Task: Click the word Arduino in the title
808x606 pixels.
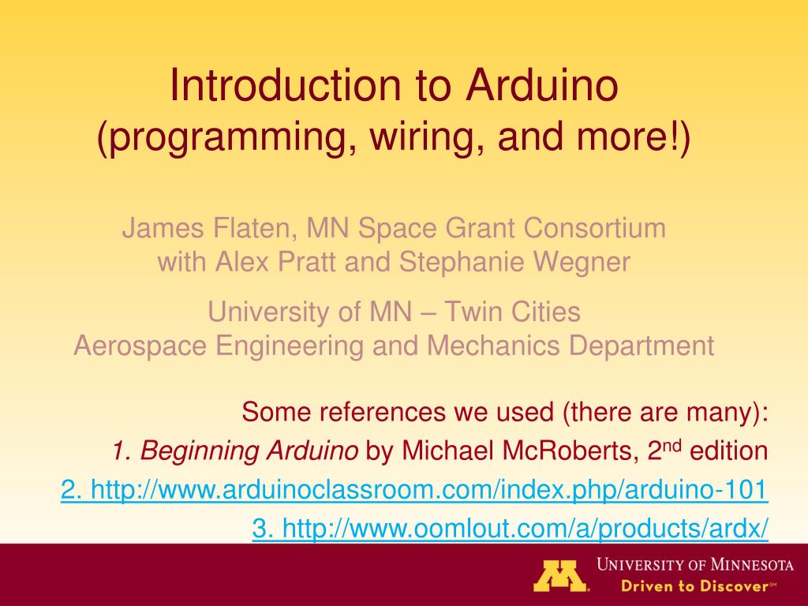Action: coord(541,84)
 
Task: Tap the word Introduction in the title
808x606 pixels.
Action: coord(285,84)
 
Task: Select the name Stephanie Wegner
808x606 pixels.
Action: coord(514,262)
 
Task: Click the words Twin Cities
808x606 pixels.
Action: coord(512,311)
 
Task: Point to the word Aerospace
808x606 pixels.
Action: coord(140,346)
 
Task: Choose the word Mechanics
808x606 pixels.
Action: coord(493,346)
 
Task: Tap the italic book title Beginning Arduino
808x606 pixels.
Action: coord(249,451)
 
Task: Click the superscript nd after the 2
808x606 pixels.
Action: coord(672,444)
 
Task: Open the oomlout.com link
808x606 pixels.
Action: coord(511,528)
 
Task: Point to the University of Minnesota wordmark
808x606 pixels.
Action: coord(695,565)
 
